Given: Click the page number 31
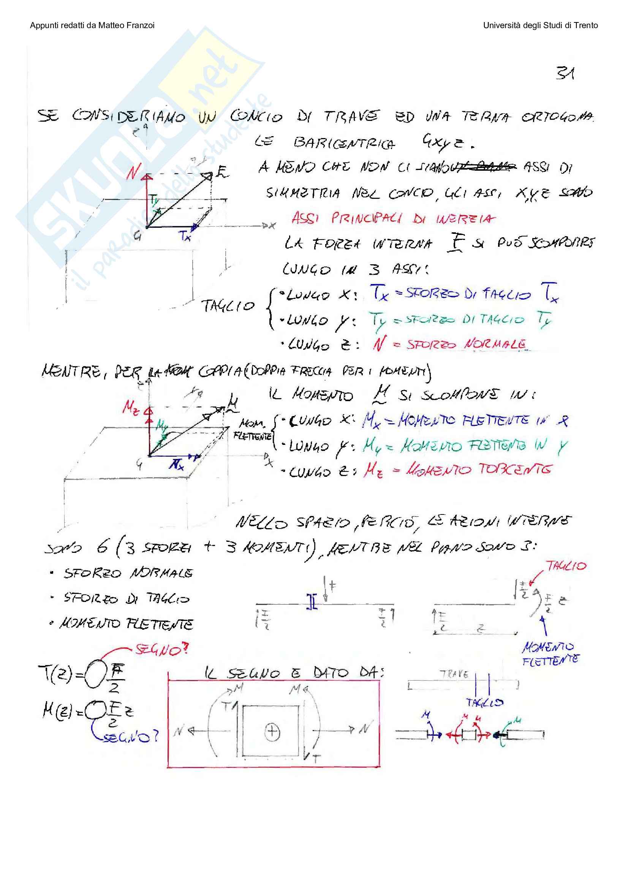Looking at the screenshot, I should (565, 73).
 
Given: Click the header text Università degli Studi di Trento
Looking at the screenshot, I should (540, 25).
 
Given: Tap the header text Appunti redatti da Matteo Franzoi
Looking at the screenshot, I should (92, 25).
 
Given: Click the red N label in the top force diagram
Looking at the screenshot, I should (133, 171).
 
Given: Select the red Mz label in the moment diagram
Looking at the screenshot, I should (130, 408).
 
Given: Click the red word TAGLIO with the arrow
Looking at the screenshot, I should (566, 566).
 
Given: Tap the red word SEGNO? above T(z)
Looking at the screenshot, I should (162, 649).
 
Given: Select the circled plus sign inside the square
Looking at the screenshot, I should (272, 731).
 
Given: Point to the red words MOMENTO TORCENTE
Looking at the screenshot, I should (478, 470).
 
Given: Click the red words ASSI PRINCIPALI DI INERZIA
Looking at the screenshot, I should (393, 219).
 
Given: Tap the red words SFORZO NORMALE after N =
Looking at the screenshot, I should (466, 344).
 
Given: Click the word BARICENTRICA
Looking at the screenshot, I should (344, 143).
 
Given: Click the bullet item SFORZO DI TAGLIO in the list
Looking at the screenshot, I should (127, 598).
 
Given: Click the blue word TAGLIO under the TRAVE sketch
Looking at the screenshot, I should (484, 702).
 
